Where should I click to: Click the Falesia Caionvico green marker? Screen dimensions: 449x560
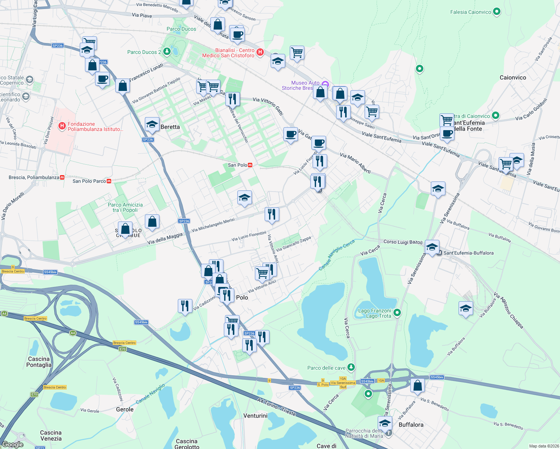496,12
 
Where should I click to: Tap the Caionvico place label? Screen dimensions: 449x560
512,77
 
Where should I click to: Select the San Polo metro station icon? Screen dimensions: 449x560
250,165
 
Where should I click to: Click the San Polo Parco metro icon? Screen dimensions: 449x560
109,181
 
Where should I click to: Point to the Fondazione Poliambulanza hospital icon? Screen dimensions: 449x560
62,126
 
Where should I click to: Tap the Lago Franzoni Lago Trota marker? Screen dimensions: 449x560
397,312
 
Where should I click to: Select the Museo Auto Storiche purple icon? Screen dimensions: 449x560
325,84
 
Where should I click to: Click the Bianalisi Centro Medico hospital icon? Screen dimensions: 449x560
260,52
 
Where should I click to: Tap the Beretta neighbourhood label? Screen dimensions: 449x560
170,127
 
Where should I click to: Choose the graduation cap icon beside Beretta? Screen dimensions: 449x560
152,125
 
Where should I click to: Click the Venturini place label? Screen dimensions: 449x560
255,416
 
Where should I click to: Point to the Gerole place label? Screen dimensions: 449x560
125,409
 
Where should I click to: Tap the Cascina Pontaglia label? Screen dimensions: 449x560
39,362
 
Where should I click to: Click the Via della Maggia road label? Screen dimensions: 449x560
165,239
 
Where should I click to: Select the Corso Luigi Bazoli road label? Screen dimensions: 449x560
403,242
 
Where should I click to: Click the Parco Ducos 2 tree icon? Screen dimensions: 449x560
165,52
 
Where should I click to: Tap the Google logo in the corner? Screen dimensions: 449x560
13,445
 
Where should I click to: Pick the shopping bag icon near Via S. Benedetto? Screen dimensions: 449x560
417,385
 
